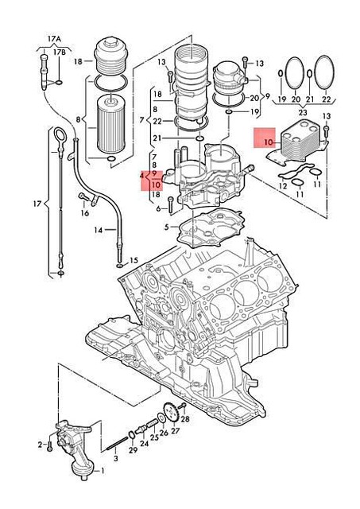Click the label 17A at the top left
coord(53,37)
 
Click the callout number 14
coord(99,231)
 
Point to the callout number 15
coord(134,260)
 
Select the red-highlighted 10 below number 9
coord(154,185)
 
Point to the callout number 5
coord(166,227)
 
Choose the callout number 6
coord(159,209)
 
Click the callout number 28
coord(184,418)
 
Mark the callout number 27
coord(176,432)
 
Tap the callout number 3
coord(115,459)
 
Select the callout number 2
coord(40,444)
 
